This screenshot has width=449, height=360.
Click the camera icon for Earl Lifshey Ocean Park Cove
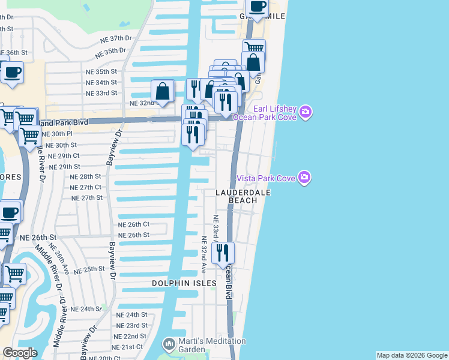click(306, 112)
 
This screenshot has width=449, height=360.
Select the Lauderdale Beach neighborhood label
click(244, 196)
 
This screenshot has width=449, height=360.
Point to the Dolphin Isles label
click(184, 283)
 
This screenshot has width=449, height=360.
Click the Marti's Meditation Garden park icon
click(167, 344)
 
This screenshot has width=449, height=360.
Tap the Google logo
click(20, 353)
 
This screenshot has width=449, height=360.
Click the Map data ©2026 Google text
click(411, 355)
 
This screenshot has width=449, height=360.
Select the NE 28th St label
click(85, 176)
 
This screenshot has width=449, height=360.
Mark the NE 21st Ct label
click(128, 347)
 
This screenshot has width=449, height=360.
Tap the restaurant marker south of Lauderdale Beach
click(222, 253)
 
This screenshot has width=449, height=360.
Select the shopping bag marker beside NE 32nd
click(163, 92)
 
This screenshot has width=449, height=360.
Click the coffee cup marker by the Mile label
click(258, 8)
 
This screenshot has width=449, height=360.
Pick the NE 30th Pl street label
click(58, 134)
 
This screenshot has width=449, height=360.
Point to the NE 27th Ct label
click(85, 187)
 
